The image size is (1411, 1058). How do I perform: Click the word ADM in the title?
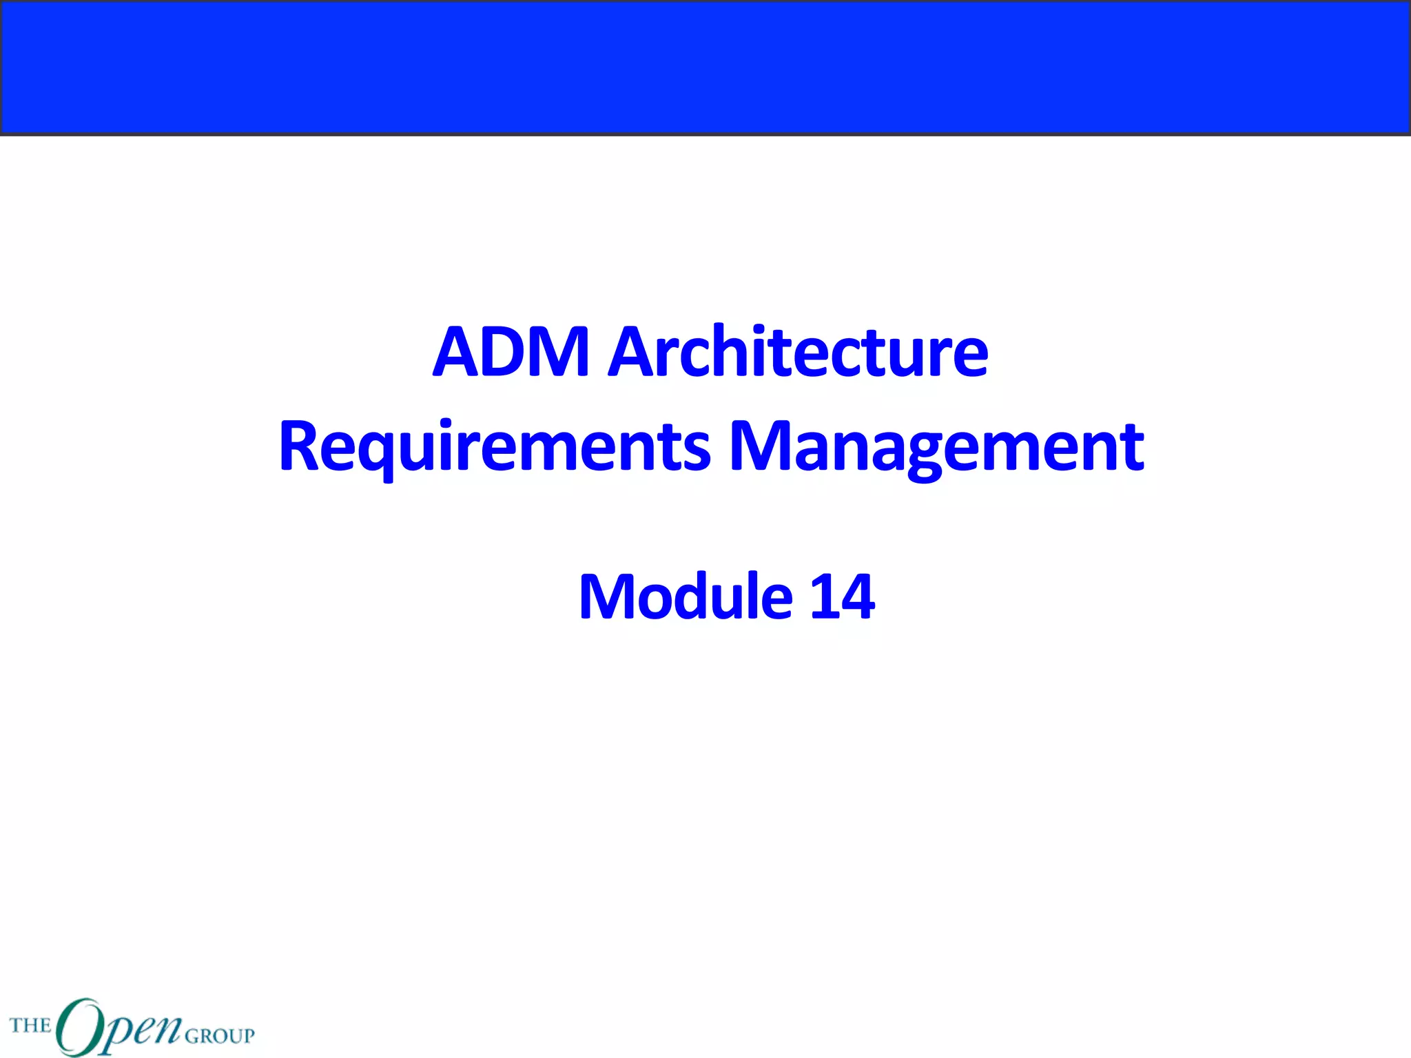[511, 352]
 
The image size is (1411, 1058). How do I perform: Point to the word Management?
[937, 448]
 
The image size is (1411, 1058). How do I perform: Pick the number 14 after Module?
[842, 597]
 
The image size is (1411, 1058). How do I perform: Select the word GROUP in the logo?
[220, 1035]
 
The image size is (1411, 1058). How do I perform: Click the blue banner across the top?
[705, 67]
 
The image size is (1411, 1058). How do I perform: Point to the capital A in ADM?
[458, 352]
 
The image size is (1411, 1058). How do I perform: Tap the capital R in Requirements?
[300, 448]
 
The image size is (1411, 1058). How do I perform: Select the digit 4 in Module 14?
[856, 597]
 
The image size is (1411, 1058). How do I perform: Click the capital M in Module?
[609, 597]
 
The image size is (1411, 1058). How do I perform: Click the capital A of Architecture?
[634, 352]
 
